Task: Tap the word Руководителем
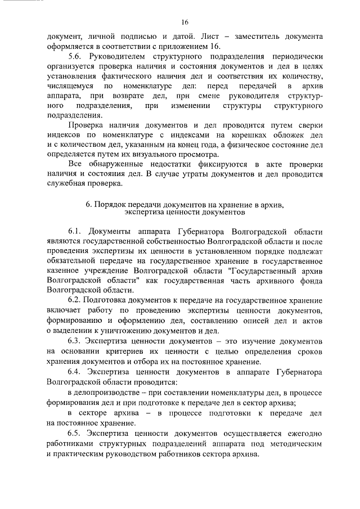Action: point(121,58)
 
